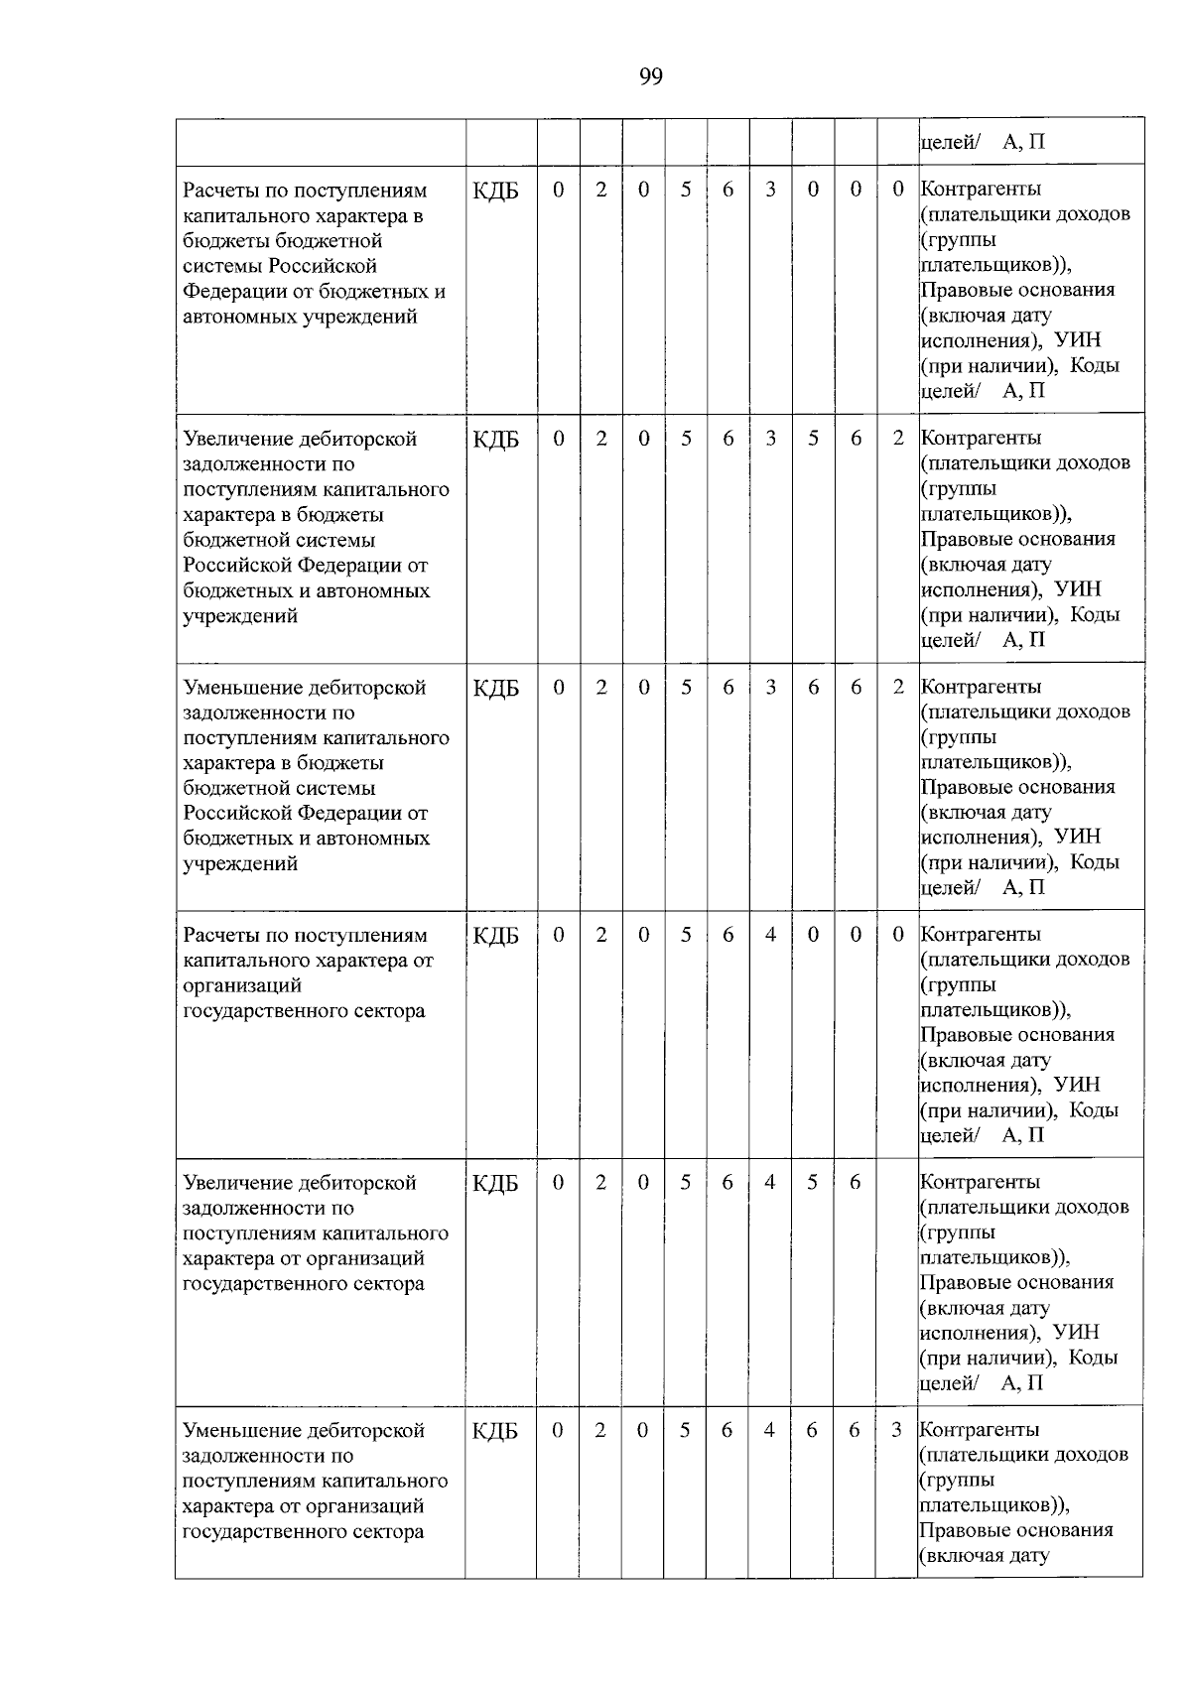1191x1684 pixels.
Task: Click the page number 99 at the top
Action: click(650, 76)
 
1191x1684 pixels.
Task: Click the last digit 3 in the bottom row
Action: click(896, 1430)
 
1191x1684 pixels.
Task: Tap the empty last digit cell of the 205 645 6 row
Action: click(896, 1280)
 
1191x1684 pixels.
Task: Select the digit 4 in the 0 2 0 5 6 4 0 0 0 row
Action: click(770, 935)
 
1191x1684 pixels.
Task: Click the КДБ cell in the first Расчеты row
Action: click(496, 191)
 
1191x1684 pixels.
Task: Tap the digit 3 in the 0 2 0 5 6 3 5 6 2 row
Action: click(770, 438)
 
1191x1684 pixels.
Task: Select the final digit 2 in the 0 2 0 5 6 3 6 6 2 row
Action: click(897, 687)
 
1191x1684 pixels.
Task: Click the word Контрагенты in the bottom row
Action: click(981, 1430)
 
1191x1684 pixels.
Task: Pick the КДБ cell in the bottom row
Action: click(496, 1431)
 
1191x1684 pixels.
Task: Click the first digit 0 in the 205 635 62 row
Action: click(559, 438)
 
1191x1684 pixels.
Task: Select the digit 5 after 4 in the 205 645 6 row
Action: click(812, 1183)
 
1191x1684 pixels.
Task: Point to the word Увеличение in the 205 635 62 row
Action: click(233, 439)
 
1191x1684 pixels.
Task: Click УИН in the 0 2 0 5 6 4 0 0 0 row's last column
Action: click(1077, 1085)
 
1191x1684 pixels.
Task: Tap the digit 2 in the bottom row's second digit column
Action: click(600, 1430)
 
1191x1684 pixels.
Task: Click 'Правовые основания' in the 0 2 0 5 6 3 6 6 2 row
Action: click(1017, 787)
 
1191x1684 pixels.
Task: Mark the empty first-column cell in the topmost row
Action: click(321, 141)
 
